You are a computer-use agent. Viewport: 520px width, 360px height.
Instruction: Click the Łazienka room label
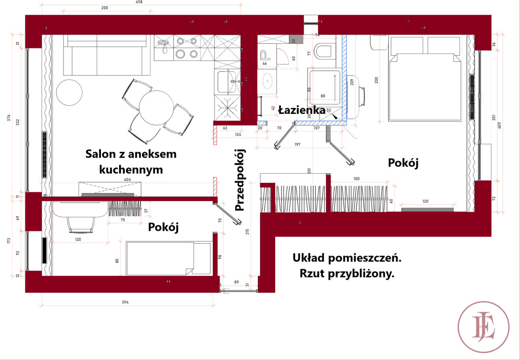302,110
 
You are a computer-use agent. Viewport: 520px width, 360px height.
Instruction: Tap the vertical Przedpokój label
240,180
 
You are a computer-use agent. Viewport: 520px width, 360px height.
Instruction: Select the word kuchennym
131,170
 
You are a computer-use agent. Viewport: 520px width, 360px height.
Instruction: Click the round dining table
156,108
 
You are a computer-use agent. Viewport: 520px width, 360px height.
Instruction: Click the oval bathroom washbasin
268,81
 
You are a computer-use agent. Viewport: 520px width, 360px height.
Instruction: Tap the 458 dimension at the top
139,2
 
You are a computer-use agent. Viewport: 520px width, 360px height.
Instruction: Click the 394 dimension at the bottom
125,302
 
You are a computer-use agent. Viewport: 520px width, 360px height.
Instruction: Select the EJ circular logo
484,327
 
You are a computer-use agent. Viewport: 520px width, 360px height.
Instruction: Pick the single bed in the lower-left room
169,258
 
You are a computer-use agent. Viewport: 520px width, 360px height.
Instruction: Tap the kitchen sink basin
227,82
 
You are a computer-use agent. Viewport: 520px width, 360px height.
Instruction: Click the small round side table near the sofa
69,92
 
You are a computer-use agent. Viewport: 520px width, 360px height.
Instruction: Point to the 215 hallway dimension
247,232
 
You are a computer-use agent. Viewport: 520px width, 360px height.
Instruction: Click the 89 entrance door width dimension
236,282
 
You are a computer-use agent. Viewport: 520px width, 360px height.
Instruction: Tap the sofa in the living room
107,55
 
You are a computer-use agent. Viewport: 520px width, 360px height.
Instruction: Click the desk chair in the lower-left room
81,224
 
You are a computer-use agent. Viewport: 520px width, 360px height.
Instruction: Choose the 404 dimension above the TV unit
127,179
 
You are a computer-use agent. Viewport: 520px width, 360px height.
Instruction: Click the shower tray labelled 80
324,87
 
